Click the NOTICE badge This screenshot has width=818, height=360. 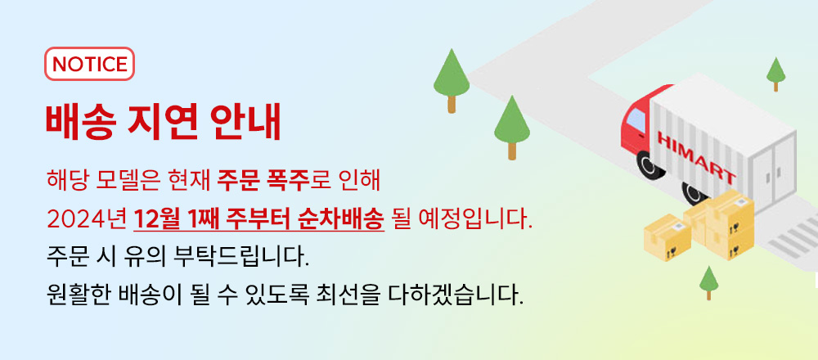(x=89, y=64)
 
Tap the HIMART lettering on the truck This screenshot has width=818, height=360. (x=696, y=156)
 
